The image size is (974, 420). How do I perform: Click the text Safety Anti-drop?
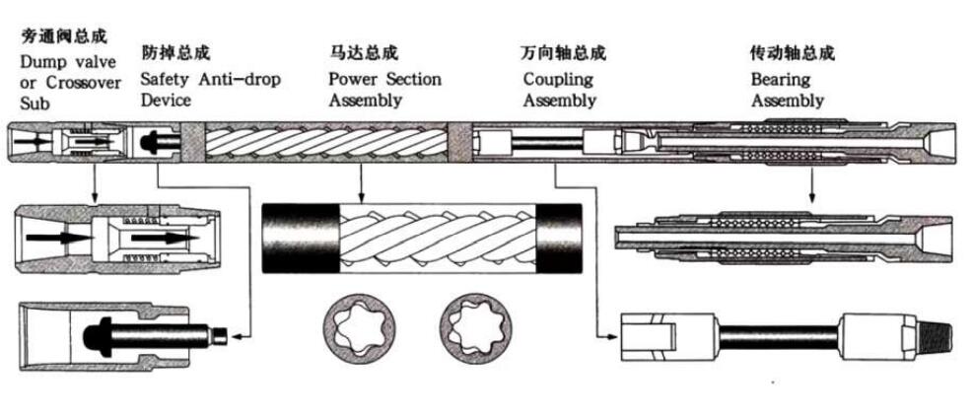[x=210, y=79]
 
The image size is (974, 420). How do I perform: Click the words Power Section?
[x=384, y=79]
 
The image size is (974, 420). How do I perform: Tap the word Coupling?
[x=558, y=79]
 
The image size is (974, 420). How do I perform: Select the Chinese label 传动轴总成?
[x=793, y=52]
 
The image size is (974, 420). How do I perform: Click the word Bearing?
[x=781, y=79]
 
